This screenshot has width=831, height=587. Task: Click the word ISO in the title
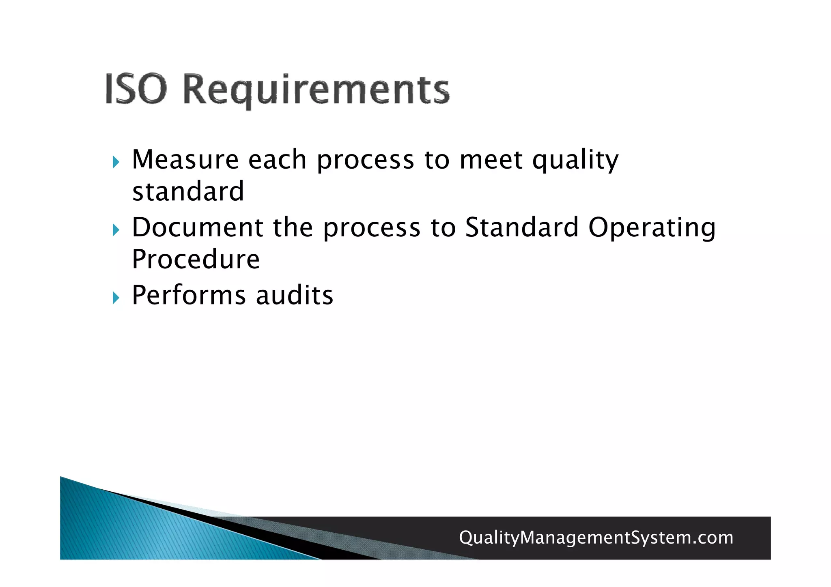pos(136,89)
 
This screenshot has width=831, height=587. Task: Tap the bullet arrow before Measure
pos(116,163)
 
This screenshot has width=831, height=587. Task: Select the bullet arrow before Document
pos(116,230)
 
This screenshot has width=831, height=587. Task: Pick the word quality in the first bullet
pos(575,160)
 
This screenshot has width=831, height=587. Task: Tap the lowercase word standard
pos(188,191)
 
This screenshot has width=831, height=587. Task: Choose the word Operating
pos(652,228)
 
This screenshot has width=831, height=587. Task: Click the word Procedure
pos(196,259)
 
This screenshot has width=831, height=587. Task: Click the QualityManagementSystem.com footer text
pos(596,538)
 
